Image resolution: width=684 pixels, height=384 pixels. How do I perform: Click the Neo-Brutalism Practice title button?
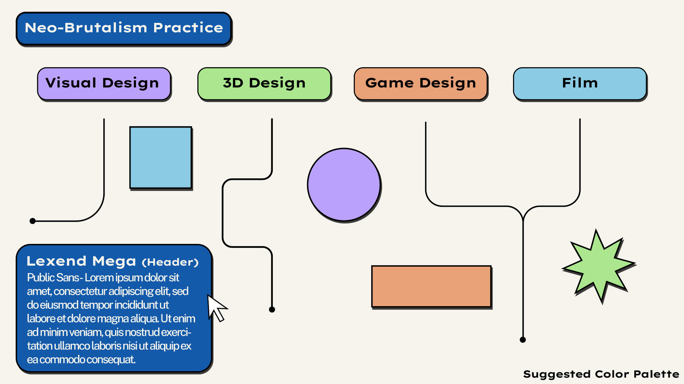pyautogui.click(x=124, y=28)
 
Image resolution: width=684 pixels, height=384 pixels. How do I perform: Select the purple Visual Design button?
pyautogui.click(x=104, y=83)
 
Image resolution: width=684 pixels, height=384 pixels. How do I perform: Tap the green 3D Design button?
pyautogui.click(x=264, y=83)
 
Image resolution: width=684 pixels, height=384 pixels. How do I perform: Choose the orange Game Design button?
pyautogui.click(x=420, y=83)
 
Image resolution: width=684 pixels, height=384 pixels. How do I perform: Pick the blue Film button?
pyautogui.click(x=579, y=83)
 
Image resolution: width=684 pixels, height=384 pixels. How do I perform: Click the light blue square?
pyautogui.click(x=161, y=157)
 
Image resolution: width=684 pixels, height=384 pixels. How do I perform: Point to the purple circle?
pyautogui.click(x=344, y=184)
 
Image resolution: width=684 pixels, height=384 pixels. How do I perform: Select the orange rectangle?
pyautogui.click(x=431, y=286)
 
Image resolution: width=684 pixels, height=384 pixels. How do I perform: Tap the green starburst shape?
pyautogui.click(x=599, y=266)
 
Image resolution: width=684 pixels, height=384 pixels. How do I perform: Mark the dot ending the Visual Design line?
pyautogui.click(x=33, y=221)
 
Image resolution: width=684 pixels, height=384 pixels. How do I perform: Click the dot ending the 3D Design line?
pyautogui.click(x=272, y=310)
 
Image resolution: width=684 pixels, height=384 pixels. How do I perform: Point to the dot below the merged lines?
pyautogui.click(x=523, y=340)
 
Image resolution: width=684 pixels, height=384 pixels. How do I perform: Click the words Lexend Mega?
pyautogui.click(x=81, y=261)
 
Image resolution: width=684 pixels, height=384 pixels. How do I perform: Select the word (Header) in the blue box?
pyautogui.click(x=170, y=262)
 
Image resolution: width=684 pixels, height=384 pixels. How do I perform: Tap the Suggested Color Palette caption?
pyautogui.click(x=601, y=374)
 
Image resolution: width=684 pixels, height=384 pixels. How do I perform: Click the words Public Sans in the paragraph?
pyautogui.click(x=53, y=278)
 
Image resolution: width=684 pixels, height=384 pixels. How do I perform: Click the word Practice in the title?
pyautogui.click(x=188, y=28)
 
